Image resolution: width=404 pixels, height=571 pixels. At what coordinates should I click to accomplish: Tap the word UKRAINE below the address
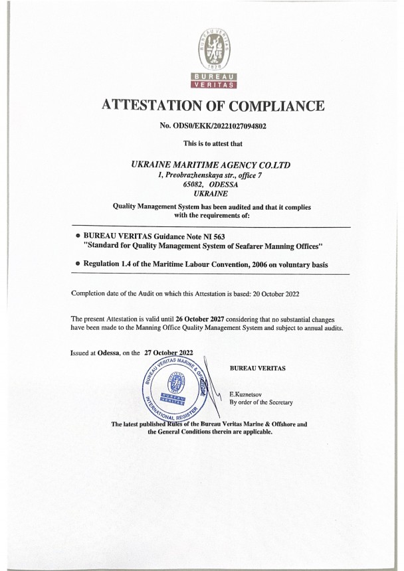coord(212,194)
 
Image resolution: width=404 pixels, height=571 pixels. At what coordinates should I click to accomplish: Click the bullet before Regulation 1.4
coord(78,265)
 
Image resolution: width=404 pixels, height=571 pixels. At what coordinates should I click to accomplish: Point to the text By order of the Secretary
coord(260,402)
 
